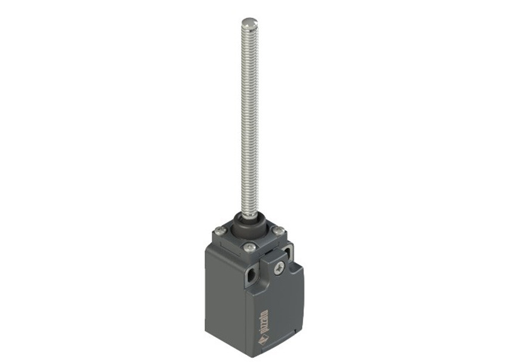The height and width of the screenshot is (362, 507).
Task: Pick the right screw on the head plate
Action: [x=279, y=231]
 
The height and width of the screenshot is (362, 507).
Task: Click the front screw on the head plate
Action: [x=249, y=248]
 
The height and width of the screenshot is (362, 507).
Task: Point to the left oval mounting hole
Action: [x=251, y=277]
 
